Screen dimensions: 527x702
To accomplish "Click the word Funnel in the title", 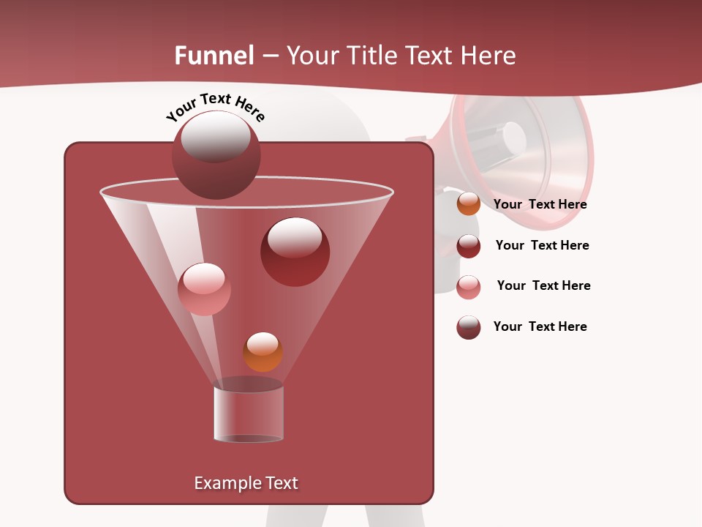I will (x=214, y=56).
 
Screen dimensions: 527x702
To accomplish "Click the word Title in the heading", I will (x=371, y=56).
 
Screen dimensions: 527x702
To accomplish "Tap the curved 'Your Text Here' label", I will (x=215, y=107).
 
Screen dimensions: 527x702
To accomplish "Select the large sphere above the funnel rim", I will (x=216, y=155).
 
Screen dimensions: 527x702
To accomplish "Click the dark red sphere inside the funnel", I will (x=295, y=252).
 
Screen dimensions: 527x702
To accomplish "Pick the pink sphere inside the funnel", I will (x=204, y=289).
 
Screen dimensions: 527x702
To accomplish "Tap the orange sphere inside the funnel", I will (x=263, y=352).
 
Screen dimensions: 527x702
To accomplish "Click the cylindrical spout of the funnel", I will (x=249, y=414).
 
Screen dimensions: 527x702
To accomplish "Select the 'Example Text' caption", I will (x=246, y=483).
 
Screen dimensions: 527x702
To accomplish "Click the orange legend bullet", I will (x=468, y=204).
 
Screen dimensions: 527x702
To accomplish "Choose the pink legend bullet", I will (x=468, y=287).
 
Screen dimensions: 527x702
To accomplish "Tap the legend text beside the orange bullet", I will (x=540, y=204).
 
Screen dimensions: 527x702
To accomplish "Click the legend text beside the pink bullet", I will (x=543, y=285).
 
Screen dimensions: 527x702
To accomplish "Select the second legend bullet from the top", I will (x=468, y=246).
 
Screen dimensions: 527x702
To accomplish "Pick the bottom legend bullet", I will (x=468, y=327).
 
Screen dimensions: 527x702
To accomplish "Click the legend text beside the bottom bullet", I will (x=540, y=326).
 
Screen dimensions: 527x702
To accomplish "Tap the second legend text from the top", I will (x=542, y=245).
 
